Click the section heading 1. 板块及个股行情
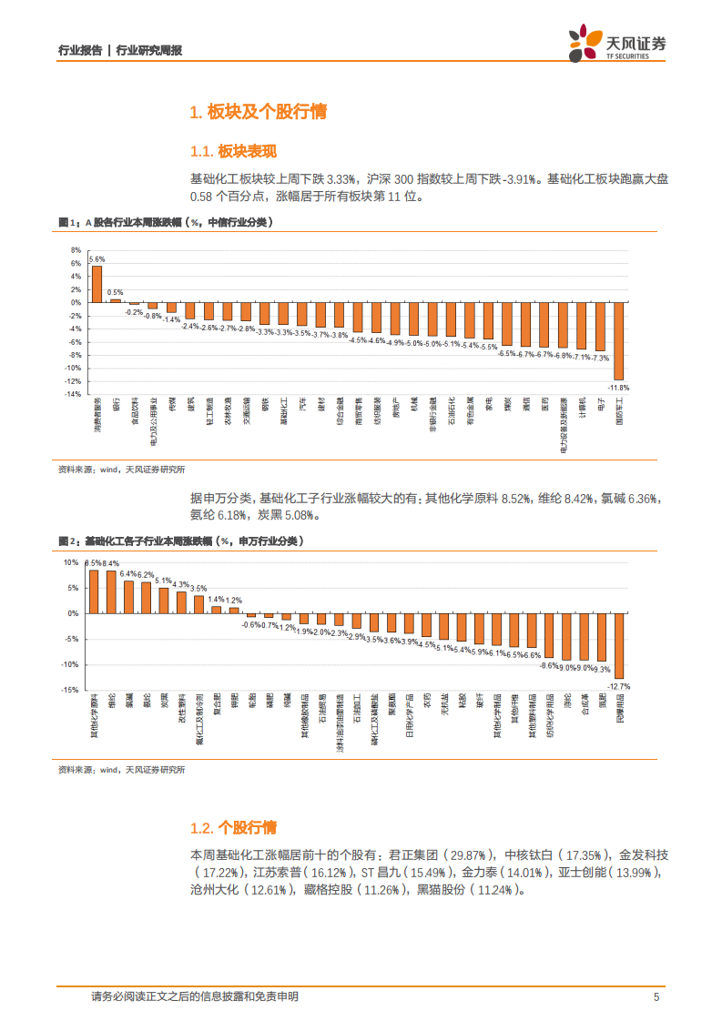[x=257, y=113]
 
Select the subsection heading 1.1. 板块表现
[x=232, y=152]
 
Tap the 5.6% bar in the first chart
[x=97, y=283]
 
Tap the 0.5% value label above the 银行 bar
[x=116, y=292]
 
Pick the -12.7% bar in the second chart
[x=619, y=645]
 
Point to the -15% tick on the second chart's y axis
[x=71, y=690]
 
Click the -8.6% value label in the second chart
[x=550, y=666]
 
